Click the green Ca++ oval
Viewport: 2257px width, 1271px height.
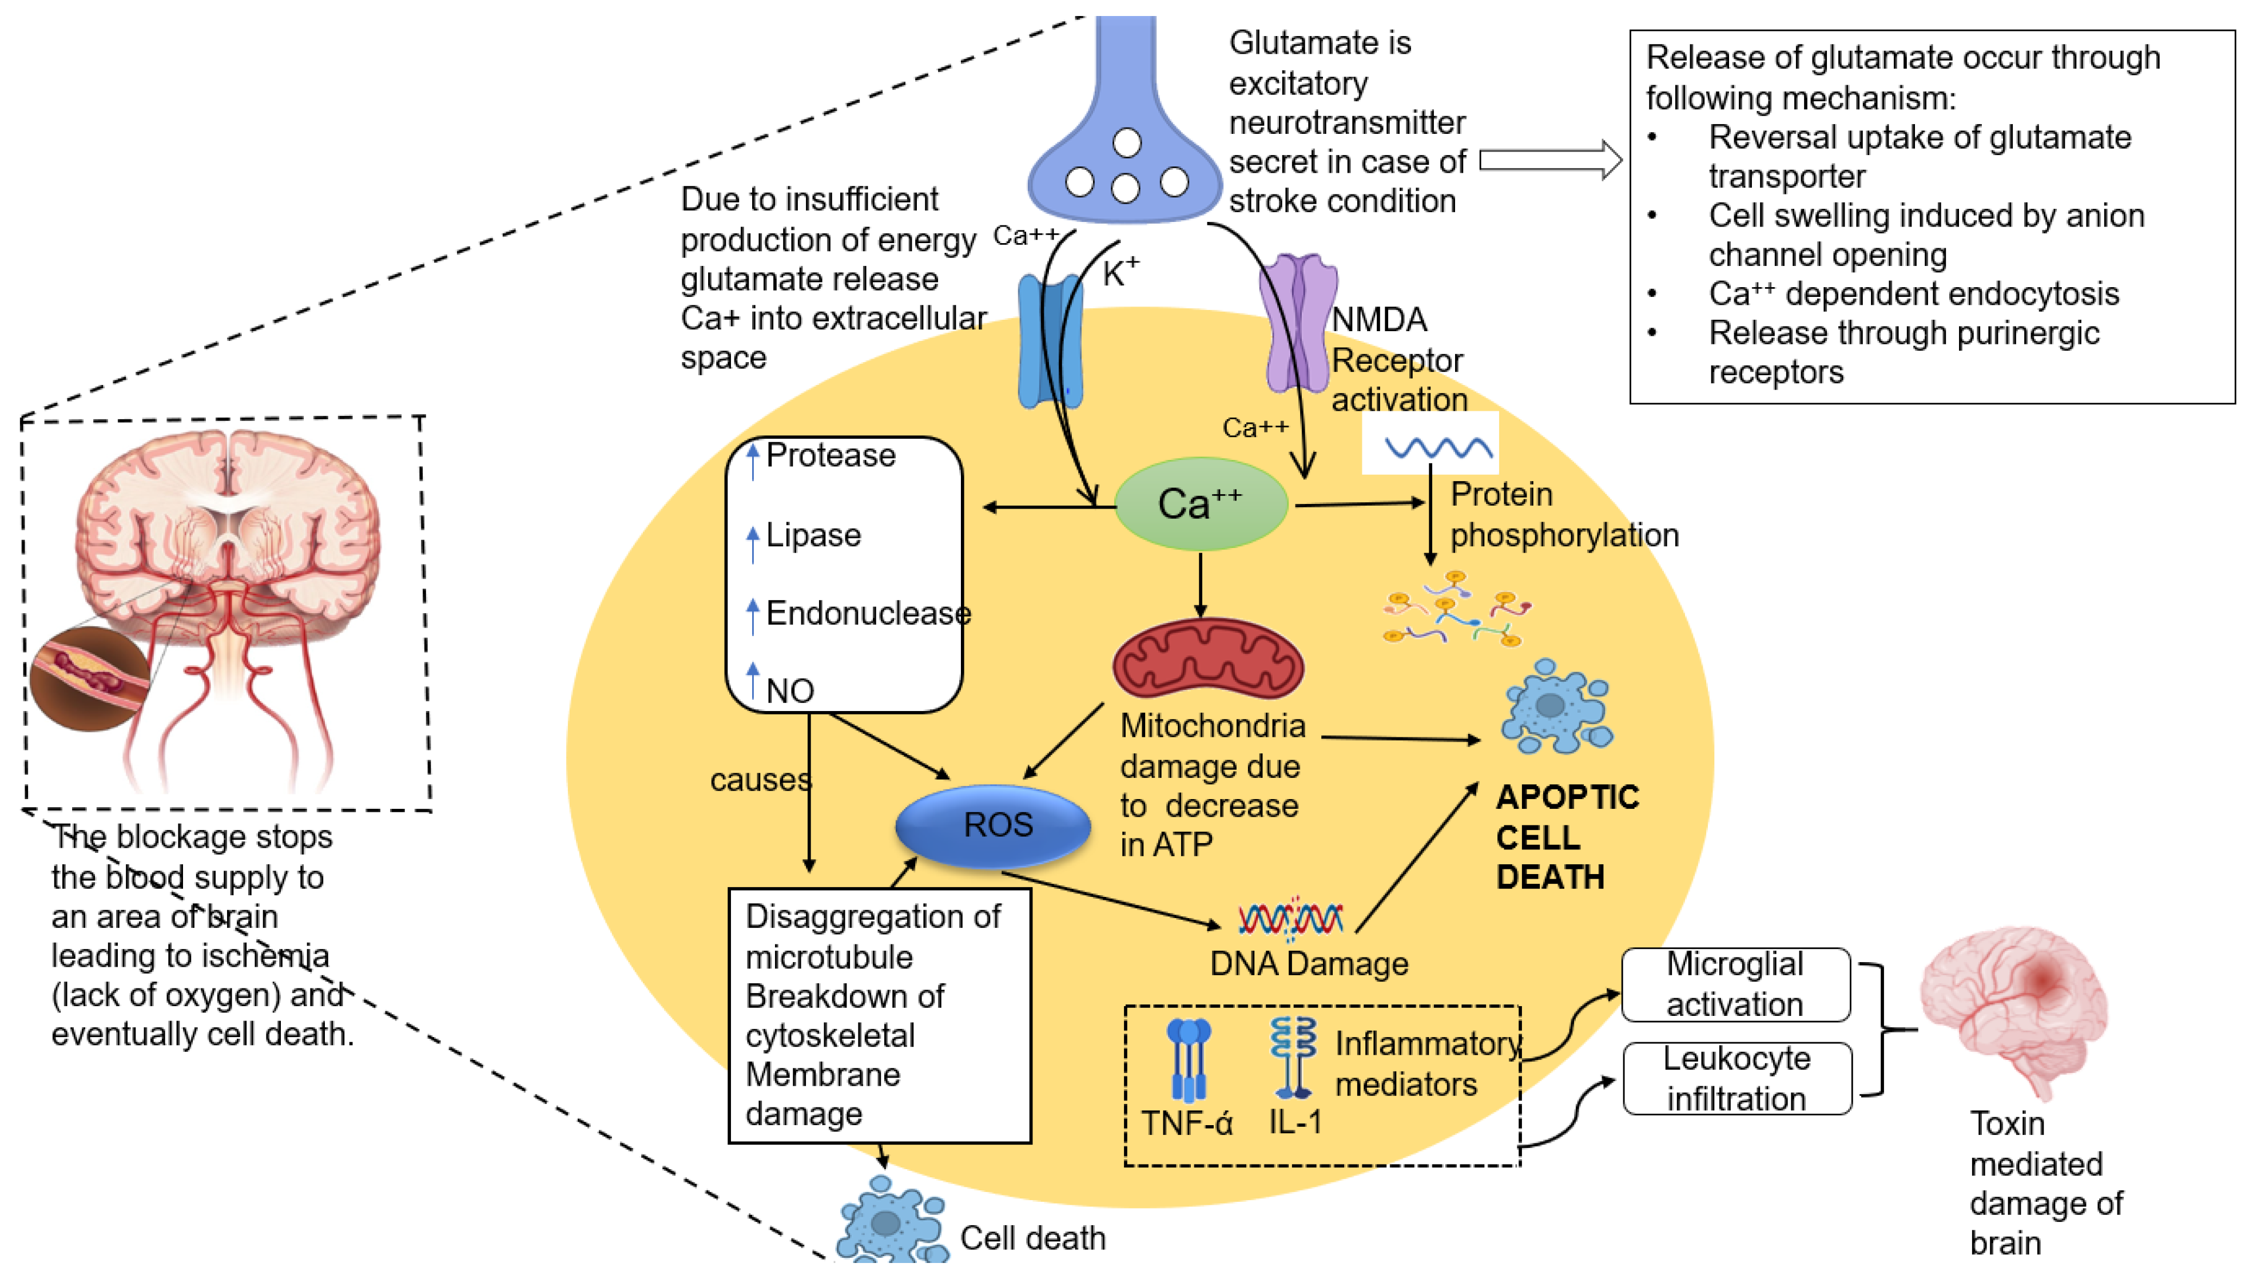tap(1201, 504)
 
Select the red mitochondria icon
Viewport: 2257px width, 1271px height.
tap(1207, 659)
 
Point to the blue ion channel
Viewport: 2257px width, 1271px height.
tap(1050, 341)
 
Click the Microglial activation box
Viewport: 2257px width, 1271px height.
tap(1735, 984)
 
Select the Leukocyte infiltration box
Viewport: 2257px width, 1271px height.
tap(1737, 1078)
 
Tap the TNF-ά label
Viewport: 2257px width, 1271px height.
tap(1186, 1123)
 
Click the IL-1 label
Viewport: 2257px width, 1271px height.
tap(1295, 1121)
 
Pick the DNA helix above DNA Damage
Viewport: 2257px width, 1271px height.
tap(1290, 918)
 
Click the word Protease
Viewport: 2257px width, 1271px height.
tap(830, 455)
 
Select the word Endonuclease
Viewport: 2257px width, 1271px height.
tap(868, 613)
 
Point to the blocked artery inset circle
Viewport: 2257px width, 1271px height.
tap(89, 677)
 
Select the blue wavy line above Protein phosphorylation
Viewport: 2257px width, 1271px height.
tap(1438, 448)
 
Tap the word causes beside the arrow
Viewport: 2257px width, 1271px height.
tap(760, 780)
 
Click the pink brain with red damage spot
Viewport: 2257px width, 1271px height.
tap(2013, 1007)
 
